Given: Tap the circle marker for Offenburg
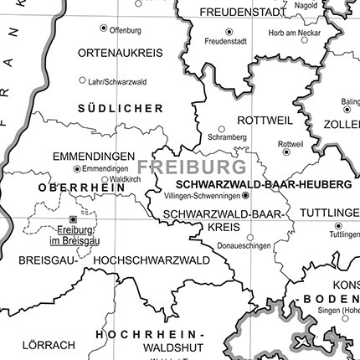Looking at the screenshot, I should (104, 28).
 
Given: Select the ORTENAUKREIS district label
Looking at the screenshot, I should (120, 52).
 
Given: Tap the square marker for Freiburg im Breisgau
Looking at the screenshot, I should (72, 219).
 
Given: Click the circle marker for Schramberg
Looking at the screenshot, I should (222, 129).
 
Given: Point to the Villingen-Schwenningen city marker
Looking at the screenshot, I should (245, 197).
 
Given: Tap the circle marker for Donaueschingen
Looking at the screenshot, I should (249, 236).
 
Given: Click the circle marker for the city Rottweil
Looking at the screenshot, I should (286, 152).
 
